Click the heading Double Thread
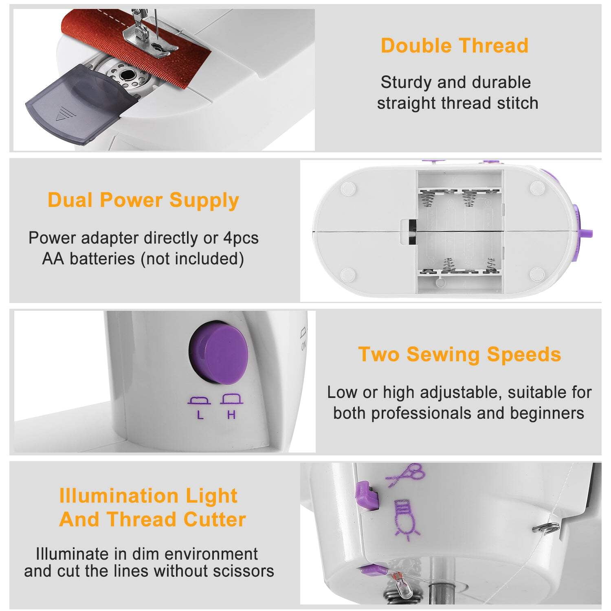pos(455,46)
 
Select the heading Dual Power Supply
pos(143,200)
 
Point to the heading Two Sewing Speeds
pos(459,354)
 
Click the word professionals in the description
pos(422,413)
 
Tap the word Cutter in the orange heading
pos(215,519)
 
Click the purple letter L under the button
pos(200,415)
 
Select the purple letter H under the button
pos(231,415)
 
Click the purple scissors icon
pos(405,475)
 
